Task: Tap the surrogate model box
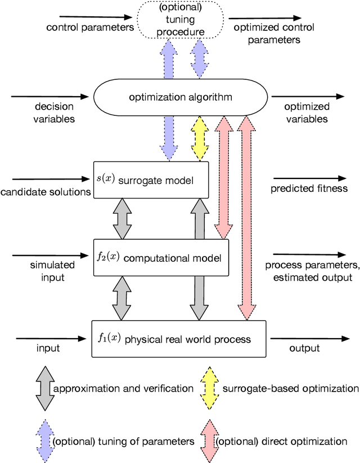coord(151,180)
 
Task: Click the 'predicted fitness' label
coord(309,188)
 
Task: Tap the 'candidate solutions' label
coord(46,192)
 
